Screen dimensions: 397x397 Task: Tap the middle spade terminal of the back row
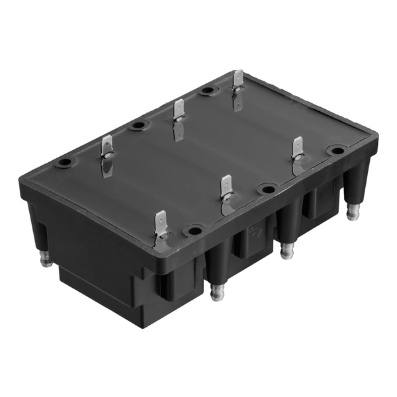(178, 110)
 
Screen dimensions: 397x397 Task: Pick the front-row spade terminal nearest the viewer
(161, 224)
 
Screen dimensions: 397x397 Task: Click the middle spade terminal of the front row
(226, 188)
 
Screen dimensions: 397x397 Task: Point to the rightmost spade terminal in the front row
(298, 150)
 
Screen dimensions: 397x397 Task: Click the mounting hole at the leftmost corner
(65, 163)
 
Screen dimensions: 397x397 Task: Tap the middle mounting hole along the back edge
(138, 124)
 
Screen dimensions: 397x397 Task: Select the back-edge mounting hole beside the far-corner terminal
(208, 91)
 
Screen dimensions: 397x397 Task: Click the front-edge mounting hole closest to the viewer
(193, 231)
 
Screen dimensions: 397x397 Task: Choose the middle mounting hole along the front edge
(267, 190)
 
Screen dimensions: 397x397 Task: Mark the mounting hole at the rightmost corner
(337, 150)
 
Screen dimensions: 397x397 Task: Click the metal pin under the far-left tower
(46, 259)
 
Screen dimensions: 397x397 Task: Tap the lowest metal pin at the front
(216, 292)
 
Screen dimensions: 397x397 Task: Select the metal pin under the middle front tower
(287, 251)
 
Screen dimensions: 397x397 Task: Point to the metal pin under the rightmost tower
(353, 211)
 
